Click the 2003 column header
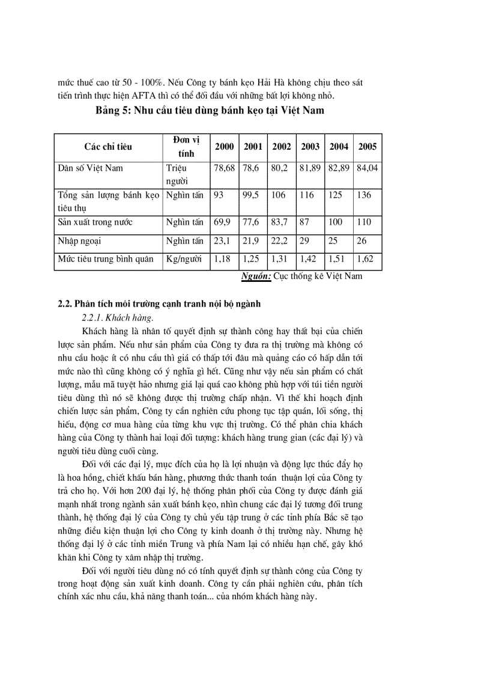click(310, 147)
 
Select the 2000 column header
click(225, 147)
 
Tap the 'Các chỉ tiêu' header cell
click(108, 147)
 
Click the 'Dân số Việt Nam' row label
click(90, 168)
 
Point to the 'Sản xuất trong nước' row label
click(95, 222)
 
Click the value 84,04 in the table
click(367, 168)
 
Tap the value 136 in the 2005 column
click(364, 195)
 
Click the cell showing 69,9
click(222, 222)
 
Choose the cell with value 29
click(305, 241)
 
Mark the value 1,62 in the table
click(365, 260)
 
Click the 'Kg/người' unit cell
click(185, 260)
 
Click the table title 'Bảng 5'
click(113, 111)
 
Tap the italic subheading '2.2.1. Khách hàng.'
click(118, 317)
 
